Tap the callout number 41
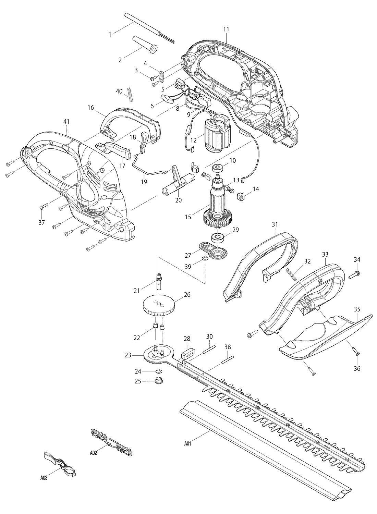pyautogui.click(x=66, y=122)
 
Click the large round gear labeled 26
pyautogui.click(x=159, y=306)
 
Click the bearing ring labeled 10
pyautogui.click(x=218, y=169)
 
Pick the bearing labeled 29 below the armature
pyautogui.click(x=218, y=238)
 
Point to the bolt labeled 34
pyautogui.click(x=354, y=275)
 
